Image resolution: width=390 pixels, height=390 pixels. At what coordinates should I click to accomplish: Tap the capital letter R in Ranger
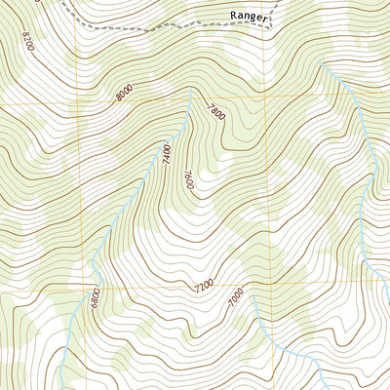pyautogui.click(x=236, y=16)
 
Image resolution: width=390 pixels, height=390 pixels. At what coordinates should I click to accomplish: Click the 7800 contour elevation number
pyautogui.click(x=215, y=112)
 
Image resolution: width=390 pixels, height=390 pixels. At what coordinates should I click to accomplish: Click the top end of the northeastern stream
pyautogui.click(x=319, y=64)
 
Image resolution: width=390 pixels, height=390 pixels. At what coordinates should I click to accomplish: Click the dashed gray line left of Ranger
pyautogui.click(x=146, y=29)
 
